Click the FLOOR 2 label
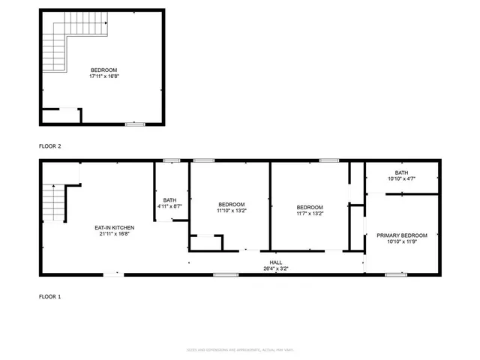pyautogui.click(x=49, y=146)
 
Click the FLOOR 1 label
pyautogui.click(x=49, y=297)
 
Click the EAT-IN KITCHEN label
pyautogui.click(x=114, y=227)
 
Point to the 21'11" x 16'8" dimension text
pyautogui.click(x=114, y=233)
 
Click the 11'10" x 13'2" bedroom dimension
pyautogui.click(x=231, y=211)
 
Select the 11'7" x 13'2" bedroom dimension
pyautogui.click(x=309, y=213)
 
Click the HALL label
pyautogui.click(x=276, y=262)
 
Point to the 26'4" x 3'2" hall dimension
pyautogui.click(x=276, y=268)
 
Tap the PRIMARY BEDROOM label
pyautogui.click(x=401, y=235)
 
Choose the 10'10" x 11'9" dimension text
pyautogui.click(x=401, y=241)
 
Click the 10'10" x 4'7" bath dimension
pyautogui.click(x=401, y=178)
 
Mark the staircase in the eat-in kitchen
pyautogui.click(x=54, y=202)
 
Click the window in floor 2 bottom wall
pyautogui.click(x=135, y=124)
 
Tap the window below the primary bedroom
pyautogui.click(x=395, y=274)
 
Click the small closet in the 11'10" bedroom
pyautogui.click(x=205, y=243)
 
